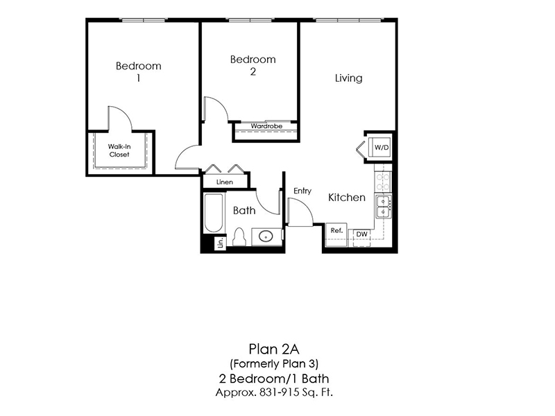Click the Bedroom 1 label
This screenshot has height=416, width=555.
click(138, 71)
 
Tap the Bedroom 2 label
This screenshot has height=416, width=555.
click(253, 65)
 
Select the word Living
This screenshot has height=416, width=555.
click(349, 78)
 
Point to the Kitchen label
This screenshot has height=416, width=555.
click(346, 198)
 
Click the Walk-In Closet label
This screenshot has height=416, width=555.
click(119, 150)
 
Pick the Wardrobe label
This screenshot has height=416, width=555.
click(266, 126)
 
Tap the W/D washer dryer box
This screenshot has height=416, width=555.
click(380, 147)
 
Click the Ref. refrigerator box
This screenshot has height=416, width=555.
click(336, 234)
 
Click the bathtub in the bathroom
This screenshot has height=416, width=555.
click(214, 213)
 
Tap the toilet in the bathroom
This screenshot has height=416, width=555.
click(239, 237)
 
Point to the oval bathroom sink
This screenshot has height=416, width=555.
click(266, 236)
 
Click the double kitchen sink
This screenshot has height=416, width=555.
click(384, 207)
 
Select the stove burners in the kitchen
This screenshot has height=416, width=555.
click(383, 182)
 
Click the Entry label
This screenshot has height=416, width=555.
click(302, 191)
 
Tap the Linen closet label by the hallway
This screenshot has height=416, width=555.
click(225, 182)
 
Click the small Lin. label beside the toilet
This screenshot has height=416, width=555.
click(221, 243)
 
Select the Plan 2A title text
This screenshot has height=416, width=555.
click(274, 349)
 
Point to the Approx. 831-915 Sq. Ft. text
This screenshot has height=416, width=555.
click(274, 392)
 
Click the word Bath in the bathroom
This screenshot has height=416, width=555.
click(244, 211)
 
